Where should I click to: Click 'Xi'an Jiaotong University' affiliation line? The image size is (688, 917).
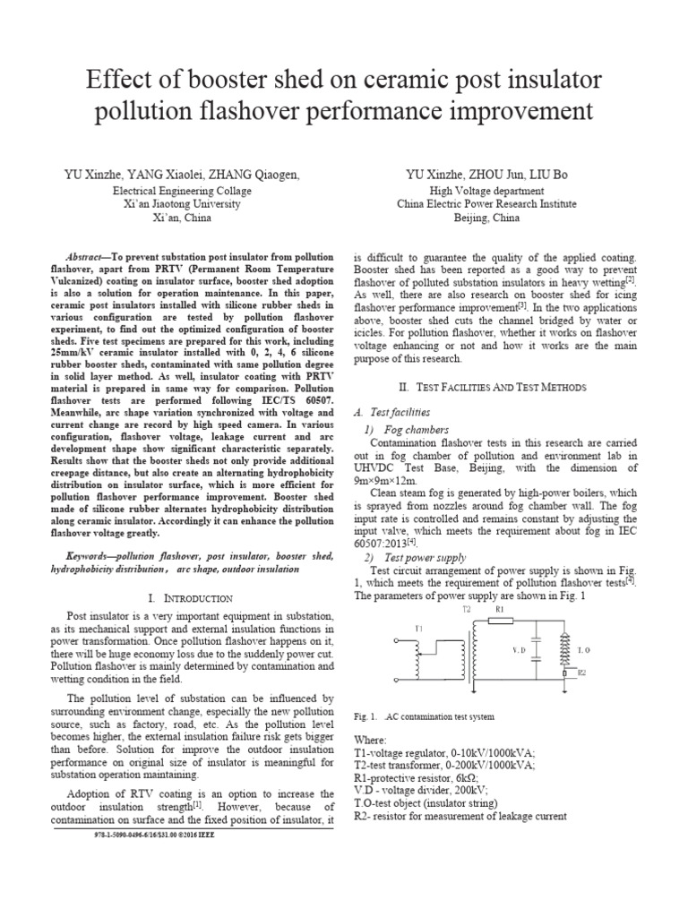click(x=183, y=204)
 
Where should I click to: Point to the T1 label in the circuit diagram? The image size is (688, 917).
click(x=417, y=629)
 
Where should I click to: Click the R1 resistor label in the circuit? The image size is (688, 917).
click(x=501, y=608)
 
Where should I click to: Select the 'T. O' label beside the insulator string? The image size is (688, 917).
click(x=583, y=649)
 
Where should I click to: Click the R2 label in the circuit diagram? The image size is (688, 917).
click(x=581, y=671)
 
